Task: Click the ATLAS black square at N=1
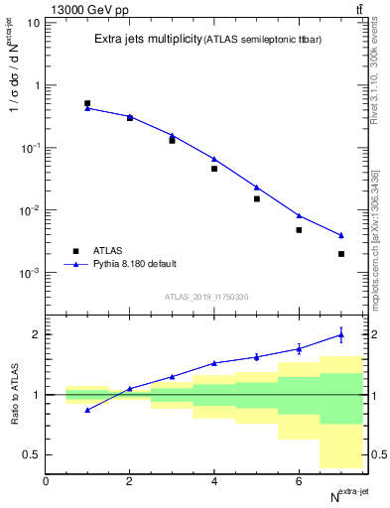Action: [87, 103]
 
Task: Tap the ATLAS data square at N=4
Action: [214, 169]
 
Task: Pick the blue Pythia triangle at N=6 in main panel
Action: [299, 215]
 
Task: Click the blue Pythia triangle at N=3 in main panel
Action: [172, 135]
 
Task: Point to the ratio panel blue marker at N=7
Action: [341, 335]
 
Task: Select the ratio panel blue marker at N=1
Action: [87, 410]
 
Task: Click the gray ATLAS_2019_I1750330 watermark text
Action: [206, 297]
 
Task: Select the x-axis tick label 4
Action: [214, 481]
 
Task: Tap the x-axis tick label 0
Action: [46, 481]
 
